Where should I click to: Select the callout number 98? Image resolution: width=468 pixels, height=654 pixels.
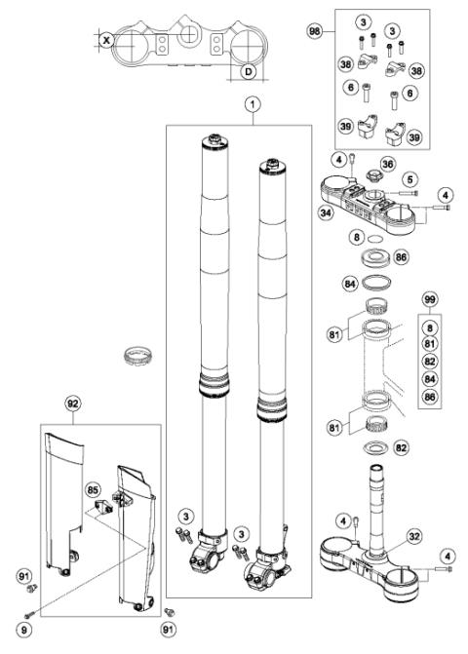click(x=314, y=32)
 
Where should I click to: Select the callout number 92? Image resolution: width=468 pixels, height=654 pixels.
click(x=72, y=402)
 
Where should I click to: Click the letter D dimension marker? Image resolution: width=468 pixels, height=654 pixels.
click(x=248, y=71)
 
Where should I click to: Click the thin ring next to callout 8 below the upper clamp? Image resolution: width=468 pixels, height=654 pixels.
click(x=372, y=237)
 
